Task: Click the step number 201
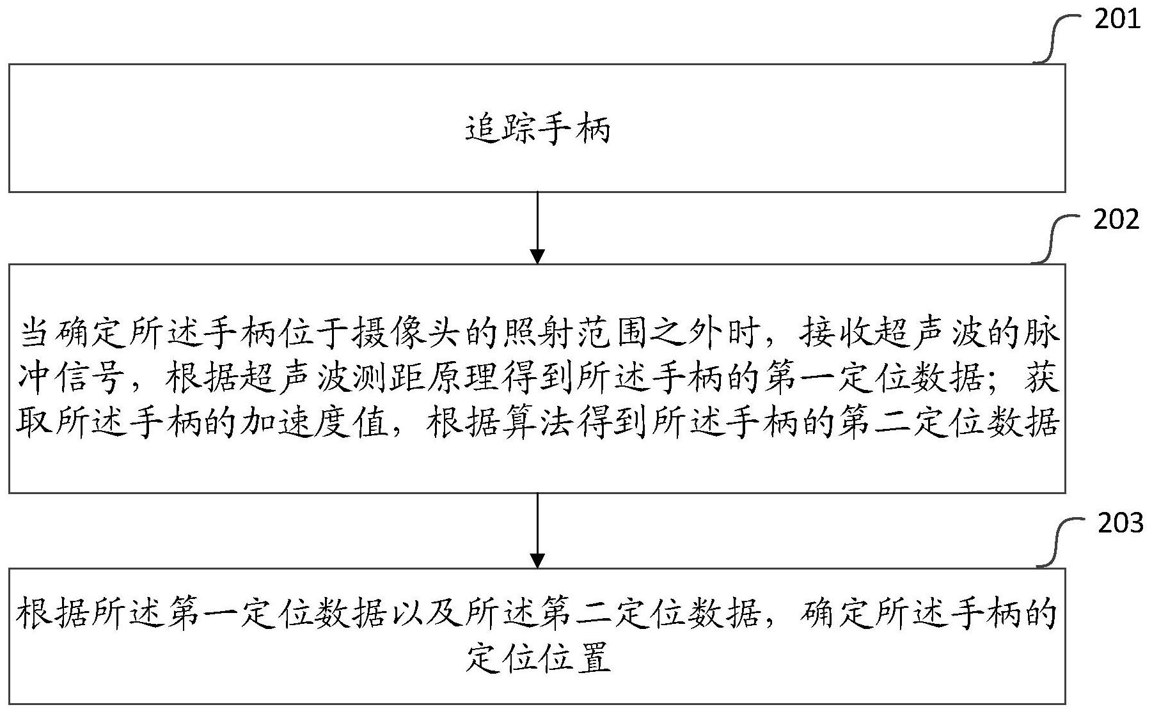(1117, 20)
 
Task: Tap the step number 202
(1116, 220)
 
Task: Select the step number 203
(1120, 524)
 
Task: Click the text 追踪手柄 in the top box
(537, 128)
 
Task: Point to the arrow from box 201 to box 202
(537, 228)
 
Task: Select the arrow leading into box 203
(537, 531)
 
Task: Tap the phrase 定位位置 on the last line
(537, 658)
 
